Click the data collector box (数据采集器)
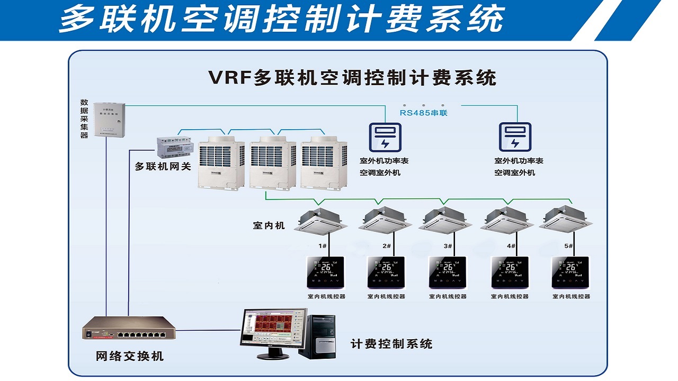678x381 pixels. coord(110,121)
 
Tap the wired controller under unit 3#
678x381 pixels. coord(447,272)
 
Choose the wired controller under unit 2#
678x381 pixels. coord(386,272)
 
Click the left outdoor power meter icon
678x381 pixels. coord(385,137)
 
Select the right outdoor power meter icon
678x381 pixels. coord(515,137)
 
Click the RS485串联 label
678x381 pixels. coord(423,112)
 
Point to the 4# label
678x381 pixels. coord(511,246)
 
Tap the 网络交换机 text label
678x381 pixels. coord(130,356)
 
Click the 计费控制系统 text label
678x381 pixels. coord(391,344)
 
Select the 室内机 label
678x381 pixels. coord(269,226)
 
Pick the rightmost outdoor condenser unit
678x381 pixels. coord(323,161)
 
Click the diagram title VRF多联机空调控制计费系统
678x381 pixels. coord(352,78)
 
